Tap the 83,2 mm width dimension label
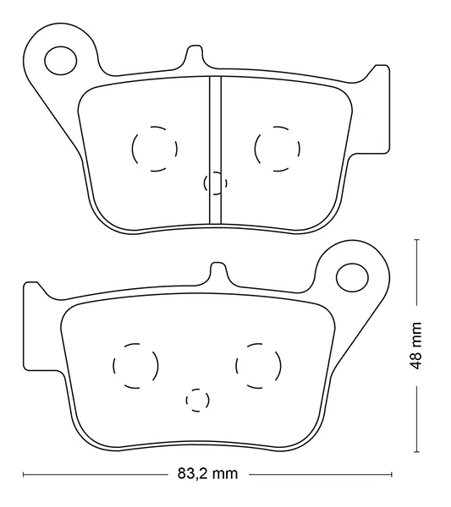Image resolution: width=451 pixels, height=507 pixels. tap(207, 474)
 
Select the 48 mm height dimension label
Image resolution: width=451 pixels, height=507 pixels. tap(415, 346)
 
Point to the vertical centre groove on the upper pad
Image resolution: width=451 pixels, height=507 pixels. tap(215, 150)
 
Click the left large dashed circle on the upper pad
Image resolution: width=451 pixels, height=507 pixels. tap(132, 149)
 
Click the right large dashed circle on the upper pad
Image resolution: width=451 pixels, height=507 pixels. tap(256, 149)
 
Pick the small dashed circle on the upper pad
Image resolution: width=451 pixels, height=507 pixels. tap(204, 183)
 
